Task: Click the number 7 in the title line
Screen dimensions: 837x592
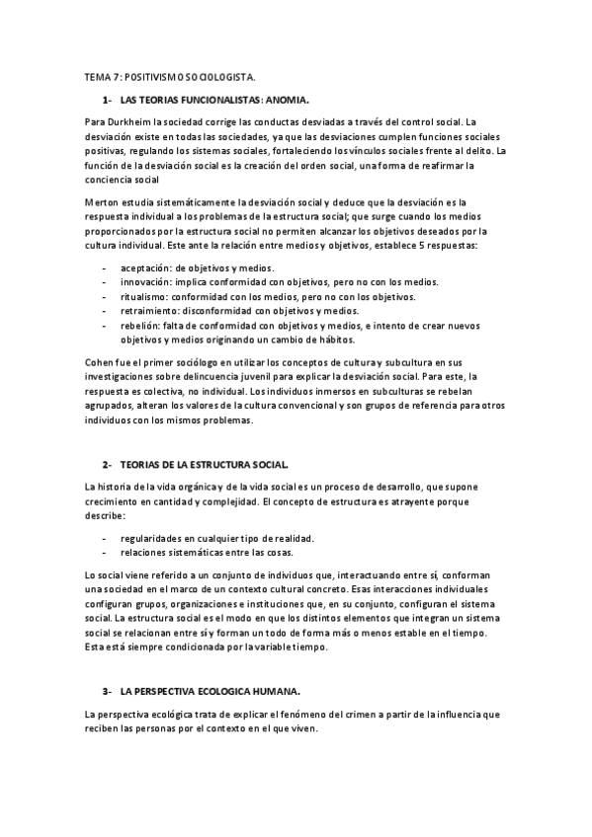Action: click(115, 76)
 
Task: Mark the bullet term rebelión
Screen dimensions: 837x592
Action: click(141, 325)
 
